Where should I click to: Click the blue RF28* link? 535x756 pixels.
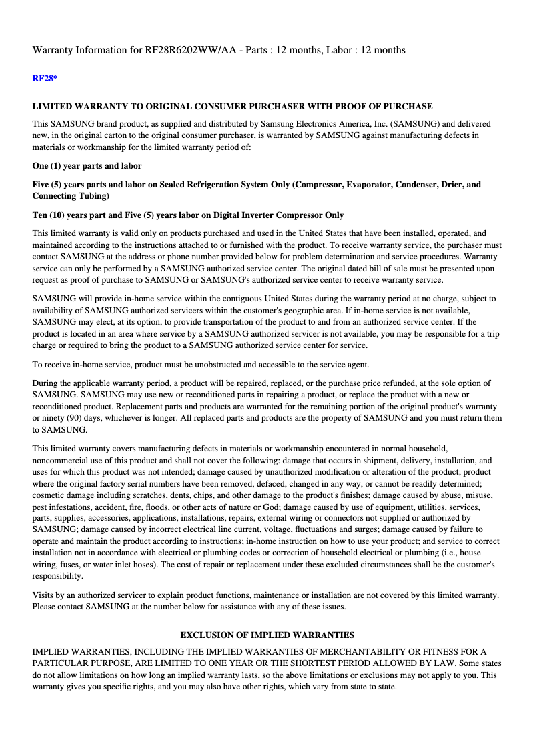pos(45,79)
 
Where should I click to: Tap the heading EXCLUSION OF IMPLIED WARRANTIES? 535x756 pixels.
pos(267,635)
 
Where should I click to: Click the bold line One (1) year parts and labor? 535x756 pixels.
pos(87,165)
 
